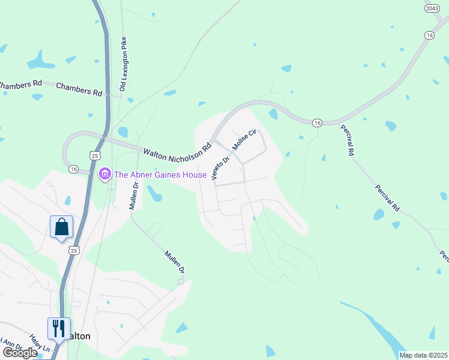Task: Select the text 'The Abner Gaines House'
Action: point(160,175)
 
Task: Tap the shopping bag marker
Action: point(61,227)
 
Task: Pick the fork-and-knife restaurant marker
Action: point(59,328)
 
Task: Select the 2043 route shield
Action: point(432,8)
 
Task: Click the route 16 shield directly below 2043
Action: point(429,36)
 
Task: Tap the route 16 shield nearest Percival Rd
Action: point(316,122)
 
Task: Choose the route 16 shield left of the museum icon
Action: point(74,169)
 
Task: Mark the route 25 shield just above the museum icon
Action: point(94,155)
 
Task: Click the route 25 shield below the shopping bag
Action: point(74,249)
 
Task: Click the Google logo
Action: point(19,353)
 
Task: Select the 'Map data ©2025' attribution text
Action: point(423,355)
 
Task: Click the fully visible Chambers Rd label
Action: point(79,90)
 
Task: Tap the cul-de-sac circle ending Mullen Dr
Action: point(180,281)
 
